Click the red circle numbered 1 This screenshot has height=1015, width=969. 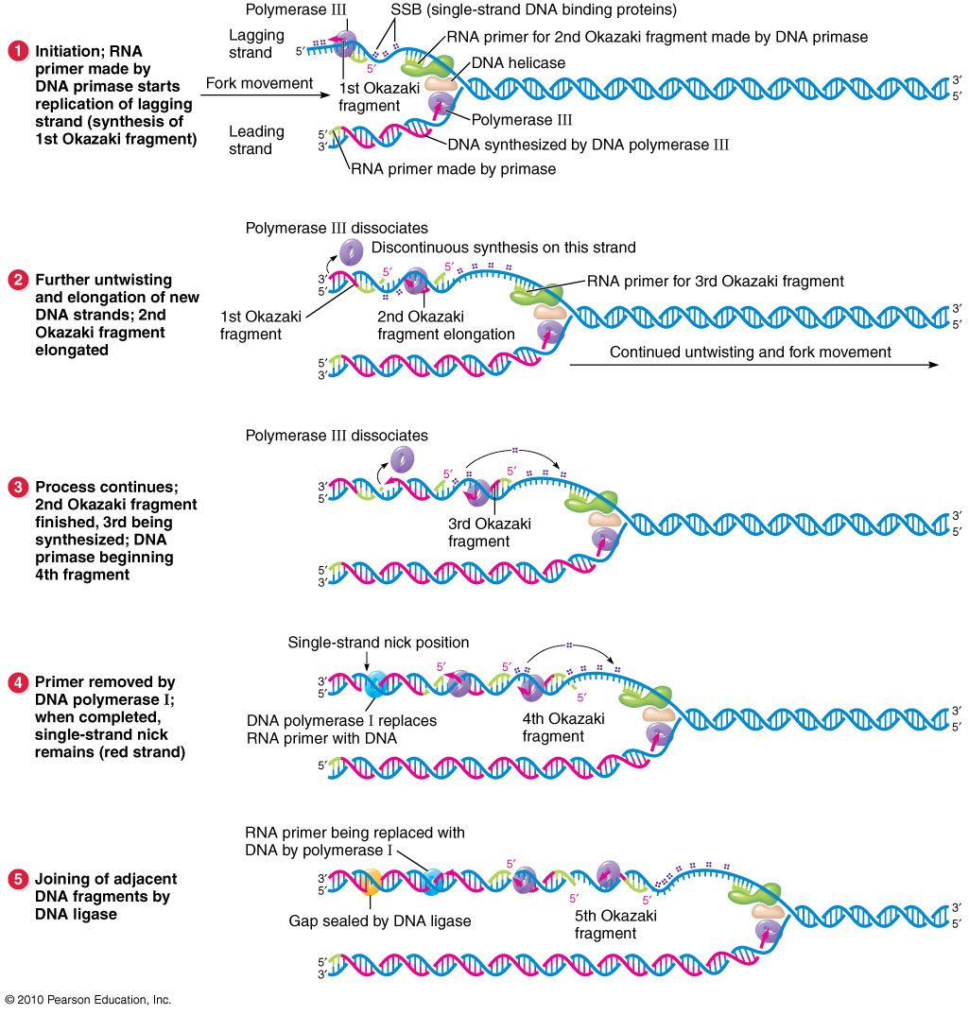coord(17,50)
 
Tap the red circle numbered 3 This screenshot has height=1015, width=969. coord(17,488)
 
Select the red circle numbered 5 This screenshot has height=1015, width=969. coord(17,879)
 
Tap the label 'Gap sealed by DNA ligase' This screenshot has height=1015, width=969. coord(380,920)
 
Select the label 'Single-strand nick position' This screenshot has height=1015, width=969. coord(378,643)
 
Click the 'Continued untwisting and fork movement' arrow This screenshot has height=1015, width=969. coord(752,364)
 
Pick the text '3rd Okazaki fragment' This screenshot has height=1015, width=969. coord(479,532)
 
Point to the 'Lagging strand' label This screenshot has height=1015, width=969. coord(256,43)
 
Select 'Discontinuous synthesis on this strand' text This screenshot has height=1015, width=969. coord(503,248)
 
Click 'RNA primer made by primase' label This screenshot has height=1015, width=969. coord(452,169)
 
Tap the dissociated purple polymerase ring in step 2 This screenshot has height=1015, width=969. coord(352,250)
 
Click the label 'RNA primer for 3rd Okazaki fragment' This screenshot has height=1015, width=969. coord(715,281)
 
